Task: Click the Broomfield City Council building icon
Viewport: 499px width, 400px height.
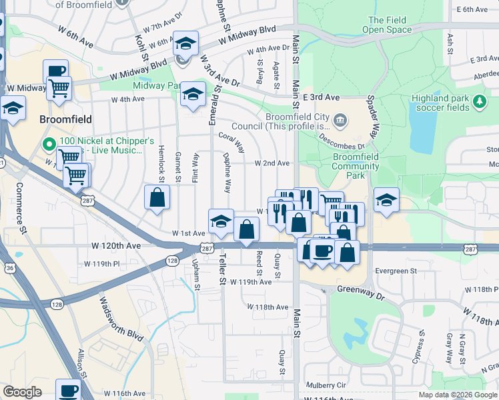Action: point(340,120)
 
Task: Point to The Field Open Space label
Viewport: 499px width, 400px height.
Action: point(386,25)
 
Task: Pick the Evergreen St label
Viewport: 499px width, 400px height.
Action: point(395,271)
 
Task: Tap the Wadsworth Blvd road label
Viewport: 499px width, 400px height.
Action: point(121,318)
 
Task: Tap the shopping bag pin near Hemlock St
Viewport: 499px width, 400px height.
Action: point(157,197)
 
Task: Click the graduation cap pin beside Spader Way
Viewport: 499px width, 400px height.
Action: point(386,200)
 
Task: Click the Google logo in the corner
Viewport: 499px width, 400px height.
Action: point(22,392)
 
